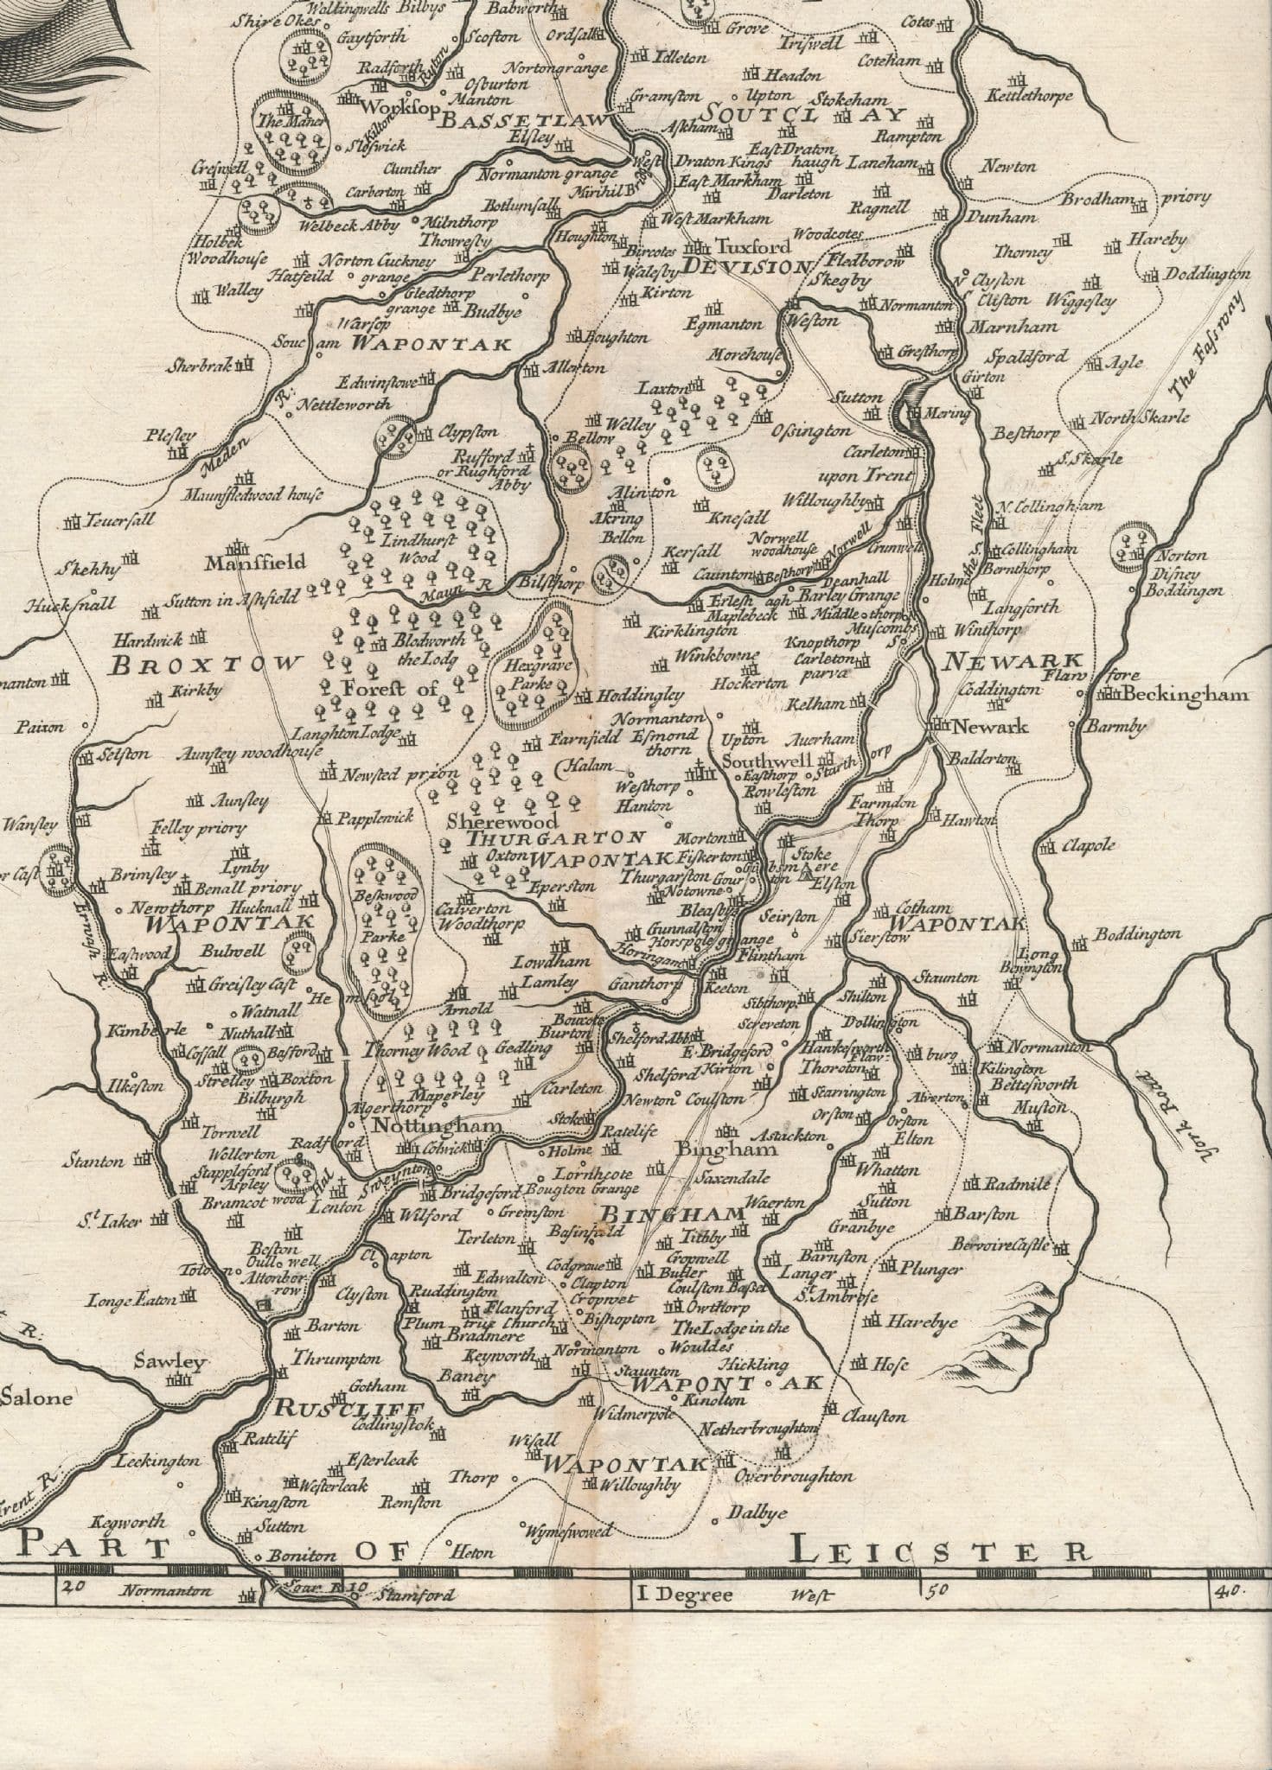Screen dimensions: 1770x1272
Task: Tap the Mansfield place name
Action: pos(255,563)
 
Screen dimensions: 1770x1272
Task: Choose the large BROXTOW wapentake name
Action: pos(208,665)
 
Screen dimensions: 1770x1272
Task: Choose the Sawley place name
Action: pos(169,1362)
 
